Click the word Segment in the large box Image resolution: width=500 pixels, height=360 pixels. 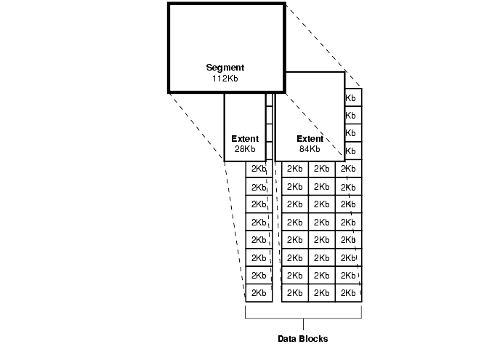coord(225,68)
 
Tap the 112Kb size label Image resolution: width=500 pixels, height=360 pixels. coord(225,78)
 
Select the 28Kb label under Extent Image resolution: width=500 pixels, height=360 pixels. coord(245,148)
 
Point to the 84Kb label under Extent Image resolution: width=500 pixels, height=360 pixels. coord(310,148)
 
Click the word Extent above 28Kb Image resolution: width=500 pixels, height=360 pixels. coord(245,138)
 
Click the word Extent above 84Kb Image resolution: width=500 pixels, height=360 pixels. coord(310,138)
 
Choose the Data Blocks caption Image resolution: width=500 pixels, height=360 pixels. coord(303,339)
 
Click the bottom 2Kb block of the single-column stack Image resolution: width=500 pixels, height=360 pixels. coord(259,293)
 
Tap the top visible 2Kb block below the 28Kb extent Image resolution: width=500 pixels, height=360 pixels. coord(259,169)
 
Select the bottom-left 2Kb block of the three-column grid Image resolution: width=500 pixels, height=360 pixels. coord(294,293)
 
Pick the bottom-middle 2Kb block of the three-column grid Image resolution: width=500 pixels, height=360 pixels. coord(321,293)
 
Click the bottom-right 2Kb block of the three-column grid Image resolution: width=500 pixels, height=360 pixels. coord(348,293)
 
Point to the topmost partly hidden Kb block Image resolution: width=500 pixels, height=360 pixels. coord(352,97)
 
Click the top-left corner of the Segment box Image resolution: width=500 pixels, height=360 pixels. coord(169,4)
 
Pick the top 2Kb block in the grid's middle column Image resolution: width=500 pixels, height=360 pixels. coord(321,169)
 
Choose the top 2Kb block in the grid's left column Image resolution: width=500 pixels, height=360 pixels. coord(294,169)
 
